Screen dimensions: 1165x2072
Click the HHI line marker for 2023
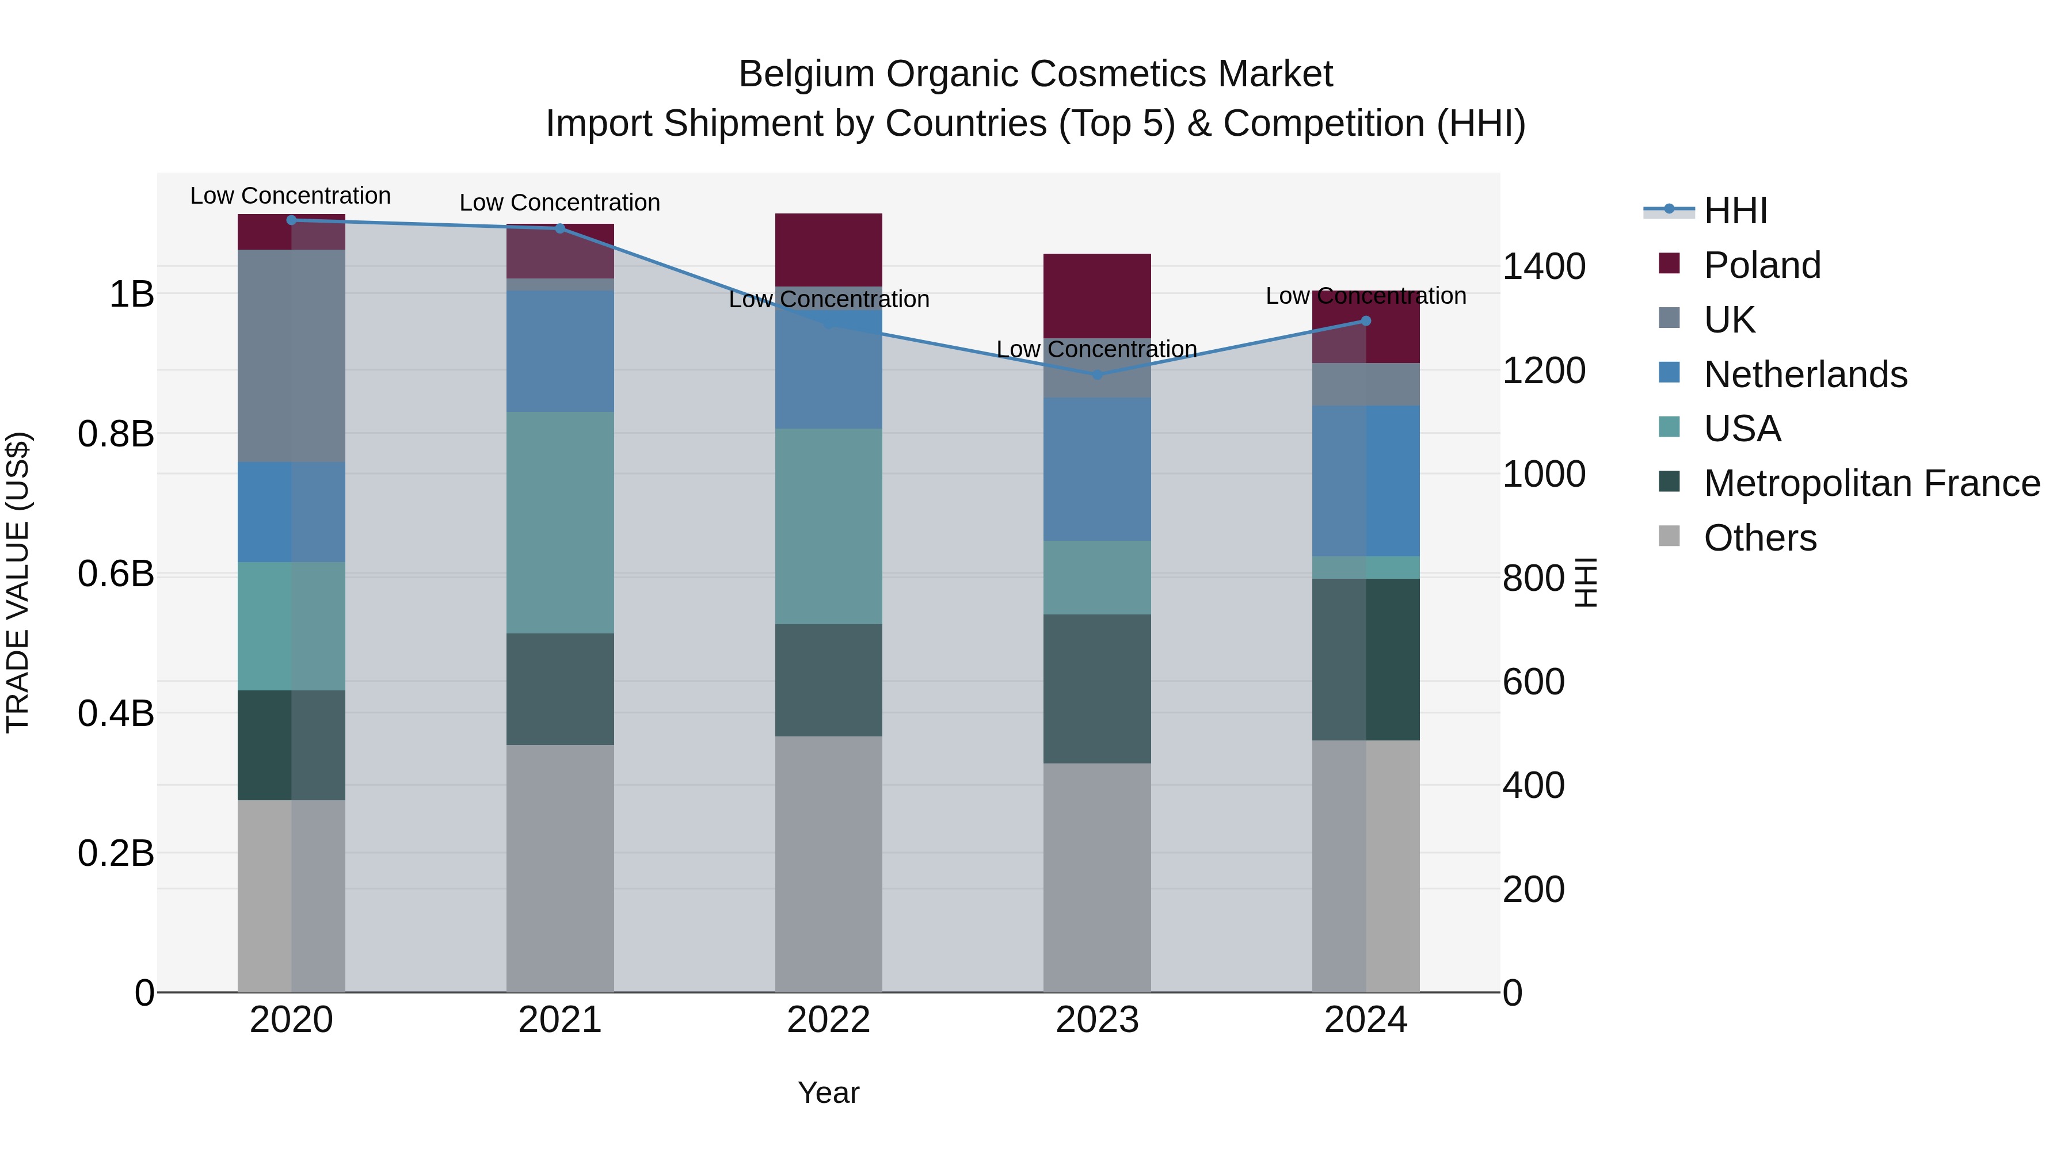click(x=1097, y=375)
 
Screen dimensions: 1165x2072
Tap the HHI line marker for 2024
click(x=1365, y=321)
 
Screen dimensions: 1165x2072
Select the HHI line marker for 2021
click(x=560, y=228)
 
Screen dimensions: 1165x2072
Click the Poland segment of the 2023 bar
click(x=1097, y=295)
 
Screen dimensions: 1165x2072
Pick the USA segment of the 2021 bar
click(x=560, y=522)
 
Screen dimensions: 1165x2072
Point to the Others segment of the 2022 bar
click(x=828, y=864)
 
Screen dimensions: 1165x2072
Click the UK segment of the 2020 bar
click(x=291, y=356)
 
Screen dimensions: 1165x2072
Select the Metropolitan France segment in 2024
click(x=1365, y=659)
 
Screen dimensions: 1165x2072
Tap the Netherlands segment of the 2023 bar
click(x=1097, y=469)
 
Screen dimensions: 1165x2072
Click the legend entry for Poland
click(x=1762, y=265)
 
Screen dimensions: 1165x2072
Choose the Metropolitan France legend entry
click(x=1872, y=483)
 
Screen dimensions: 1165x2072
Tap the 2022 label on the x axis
click(x=828, y=1020)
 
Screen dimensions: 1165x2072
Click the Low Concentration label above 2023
click(x=1097, y=349)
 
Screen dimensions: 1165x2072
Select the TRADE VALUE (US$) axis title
click(x=18, y=582)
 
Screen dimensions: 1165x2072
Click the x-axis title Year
click(x=828, y=1093)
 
